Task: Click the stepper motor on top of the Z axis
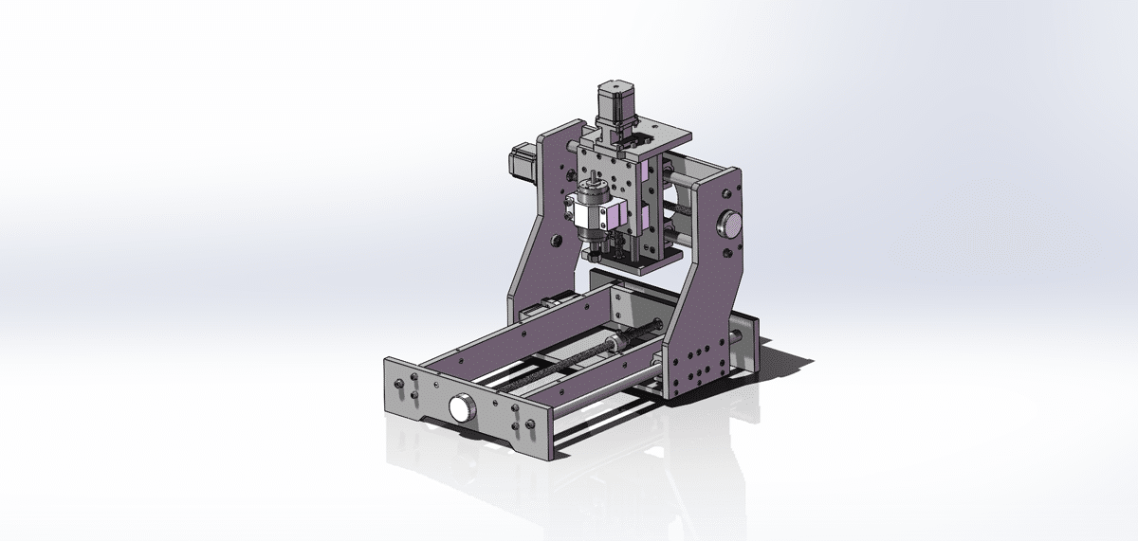click(614, 103)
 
